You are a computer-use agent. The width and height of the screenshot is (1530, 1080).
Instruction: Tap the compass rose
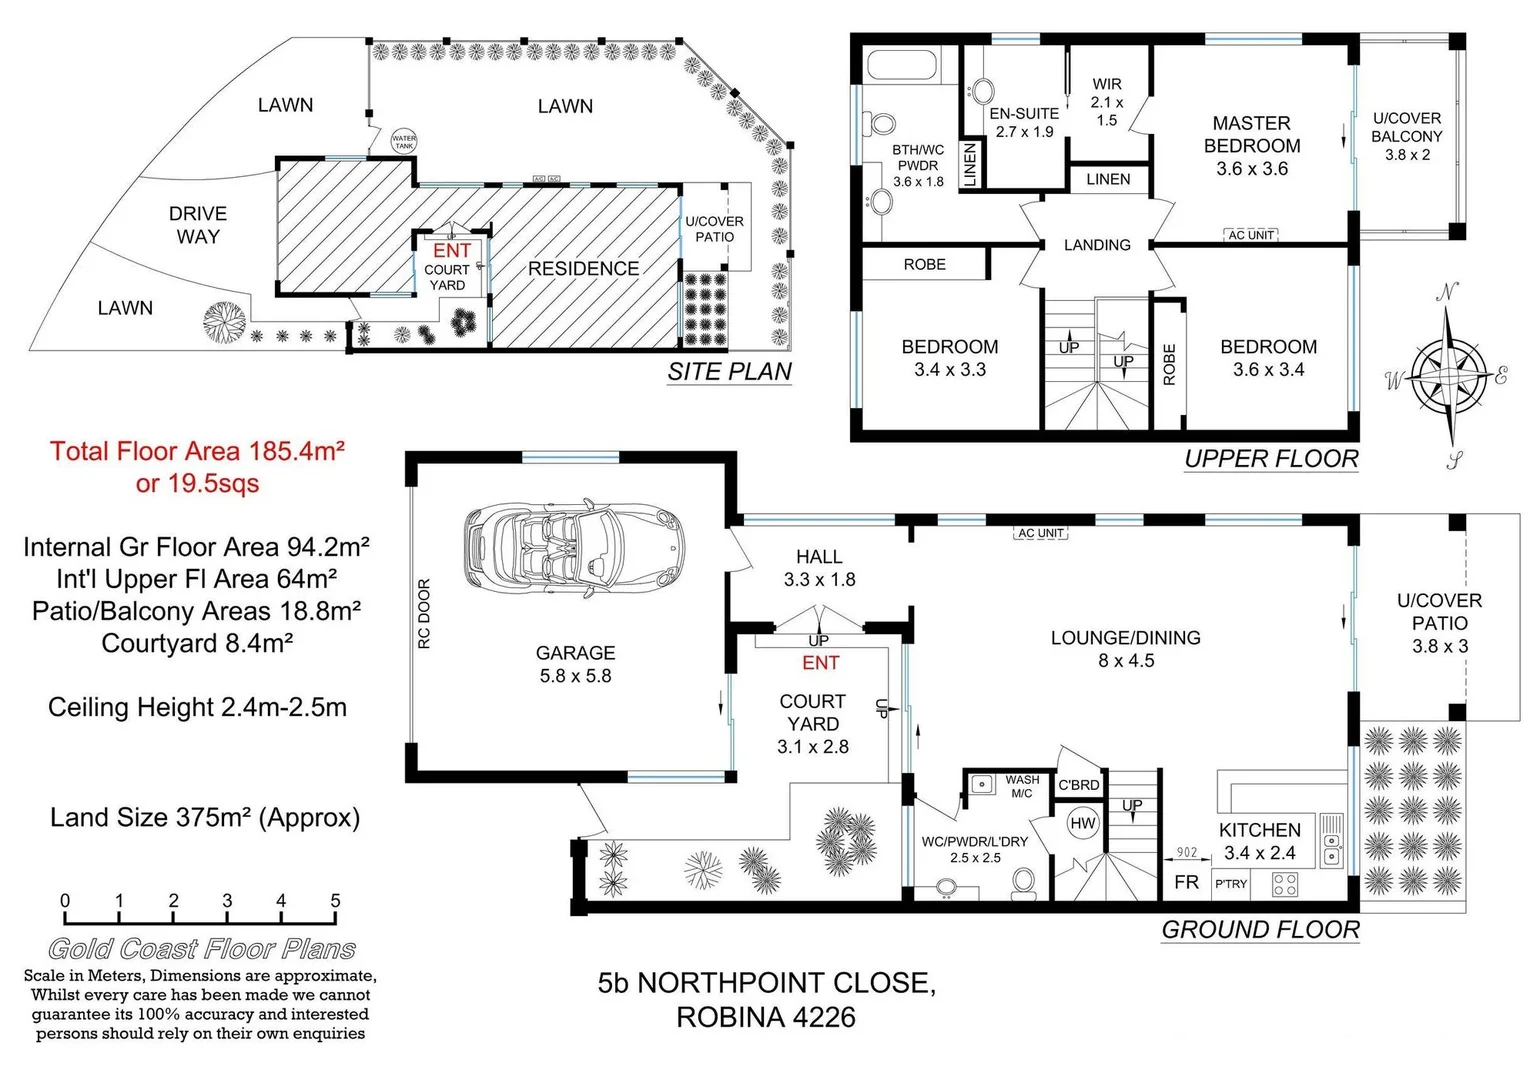1448,376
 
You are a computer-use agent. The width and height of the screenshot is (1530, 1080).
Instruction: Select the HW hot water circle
1082,823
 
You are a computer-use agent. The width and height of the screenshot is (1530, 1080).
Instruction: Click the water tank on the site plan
404,142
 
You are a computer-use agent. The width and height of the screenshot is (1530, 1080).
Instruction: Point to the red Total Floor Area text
197,467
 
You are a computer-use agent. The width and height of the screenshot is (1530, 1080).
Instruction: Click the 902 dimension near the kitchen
1186,853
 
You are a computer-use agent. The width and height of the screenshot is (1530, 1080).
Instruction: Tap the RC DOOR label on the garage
424,614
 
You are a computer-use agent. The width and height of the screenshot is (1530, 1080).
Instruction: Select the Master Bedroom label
1251,146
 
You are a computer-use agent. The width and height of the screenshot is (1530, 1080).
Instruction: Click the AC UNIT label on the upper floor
1251,235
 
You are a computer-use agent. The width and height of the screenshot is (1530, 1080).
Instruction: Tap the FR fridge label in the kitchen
1186,882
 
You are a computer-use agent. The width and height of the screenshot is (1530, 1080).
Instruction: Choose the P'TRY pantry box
1231,883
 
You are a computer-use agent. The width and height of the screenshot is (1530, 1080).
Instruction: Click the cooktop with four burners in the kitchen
1285,884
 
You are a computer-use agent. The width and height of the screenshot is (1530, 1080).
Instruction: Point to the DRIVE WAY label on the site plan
198,225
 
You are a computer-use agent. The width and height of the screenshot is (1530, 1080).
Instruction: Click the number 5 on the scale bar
335,901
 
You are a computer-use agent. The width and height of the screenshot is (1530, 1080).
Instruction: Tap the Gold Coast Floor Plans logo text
202,948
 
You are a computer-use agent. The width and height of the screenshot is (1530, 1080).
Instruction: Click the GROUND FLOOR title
1260,929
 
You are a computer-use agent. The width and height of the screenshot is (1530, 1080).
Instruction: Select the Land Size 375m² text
205,817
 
